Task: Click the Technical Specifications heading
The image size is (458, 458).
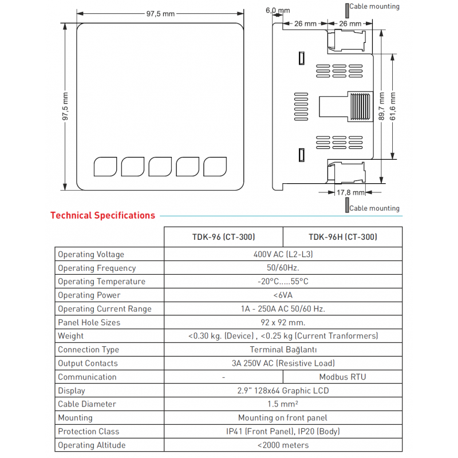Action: point(102,216)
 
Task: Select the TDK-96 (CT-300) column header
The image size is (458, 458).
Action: point(223,237)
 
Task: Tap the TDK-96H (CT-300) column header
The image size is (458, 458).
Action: point(342,237)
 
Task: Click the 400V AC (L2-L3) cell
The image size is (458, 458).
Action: point(283,254)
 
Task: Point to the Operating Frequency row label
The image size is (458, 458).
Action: point(97,268)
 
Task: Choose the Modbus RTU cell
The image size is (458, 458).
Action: point(342,377)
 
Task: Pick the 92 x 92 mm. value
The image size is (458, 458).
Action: point(283,322)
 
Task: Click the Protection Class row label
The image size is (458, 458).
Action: point(88,431)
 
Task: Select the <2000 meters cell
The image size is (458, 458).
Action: point(283,445)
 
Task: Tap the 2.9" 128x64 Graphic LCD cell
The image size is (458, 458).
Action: point(283,390)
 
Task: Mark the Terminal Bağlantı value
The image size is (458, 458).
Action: point(283,350)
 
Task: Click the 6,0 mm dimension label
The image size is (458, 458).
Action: point(278,10)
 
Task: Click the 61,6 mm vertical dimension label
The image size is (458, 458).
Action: point(393,106)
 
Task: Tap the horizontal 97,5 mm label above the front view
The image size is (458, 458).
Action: point(160,14)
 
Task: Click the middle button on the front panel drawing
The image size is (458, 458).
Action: point(160,166)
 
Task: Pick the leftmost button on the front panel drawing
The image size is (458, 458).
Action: point(105,166)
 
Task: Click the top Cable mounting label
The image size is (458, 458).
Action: point(374,7)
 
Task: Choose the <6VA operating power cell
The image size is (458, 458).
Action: point(283,295)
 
